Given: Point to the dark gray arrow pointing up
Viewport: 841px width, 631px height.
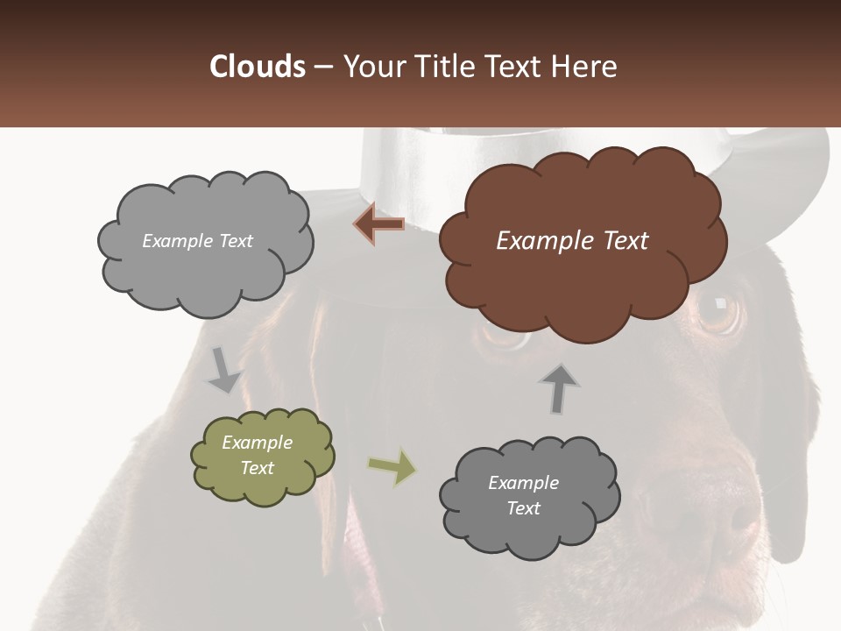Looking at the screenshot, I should (560, 387).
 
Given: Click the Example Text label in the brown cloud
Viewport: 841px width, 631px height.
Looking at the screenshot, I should (572, 241).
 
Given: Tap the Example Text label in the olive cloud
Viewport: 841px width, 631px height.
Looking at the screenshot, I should (258, 455).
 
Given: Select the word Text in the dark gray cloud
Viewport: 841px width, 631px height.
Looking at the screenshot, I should (524, 508).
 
